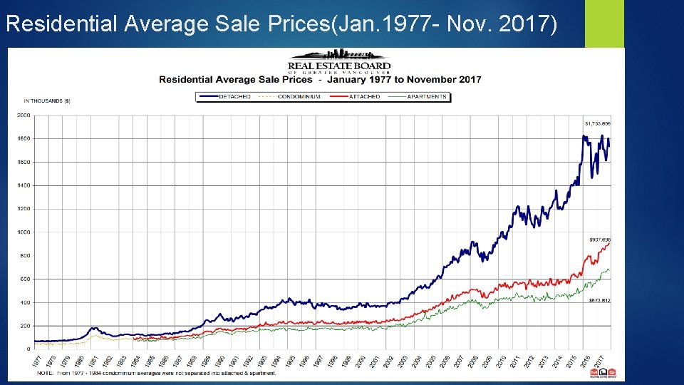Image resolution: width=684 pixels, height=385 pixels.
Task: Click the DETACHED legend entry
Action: (x=234, y=96)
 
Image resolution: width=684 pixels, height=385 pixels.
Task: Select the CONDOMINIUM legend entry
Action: (x=299, y=96)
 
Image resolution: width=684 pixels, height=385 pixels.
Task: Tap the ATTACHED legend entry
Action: (x=365, y=96)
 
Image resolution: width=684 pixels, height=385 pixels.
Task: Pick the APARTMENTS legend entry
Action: (x=427, y=96)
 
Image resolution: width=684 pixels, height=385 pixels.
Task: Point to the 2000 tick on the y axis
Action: (x=24, y=115)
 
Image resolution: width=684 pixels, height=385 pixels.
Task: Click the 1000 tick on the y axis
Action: (x=24, y=232)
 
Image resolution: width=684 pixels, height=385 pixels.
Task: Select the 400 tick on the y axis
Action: (x=25, y=302)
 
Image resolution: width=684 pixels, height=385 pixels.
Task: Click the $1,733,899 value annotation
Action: (x=598, y=124)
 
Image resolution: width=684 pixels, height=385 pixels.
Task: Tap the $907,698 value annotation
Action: (x=599, y=240)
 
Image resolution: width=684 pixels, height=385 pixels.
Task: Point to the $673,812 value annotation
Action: (x=599, y=301)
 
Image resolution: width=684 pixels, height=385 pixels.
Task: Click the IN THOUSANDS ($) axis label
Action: (x=47, y=101)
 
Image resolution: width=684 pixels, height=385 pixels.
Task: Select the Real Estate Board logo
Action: (x=339, y=61)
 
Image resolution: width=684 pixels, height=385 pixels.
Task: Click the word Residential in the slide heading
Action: (x=62, y=25)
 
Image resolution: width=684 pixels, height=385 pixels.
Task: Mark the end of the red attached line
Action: (x=610, y=244)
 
